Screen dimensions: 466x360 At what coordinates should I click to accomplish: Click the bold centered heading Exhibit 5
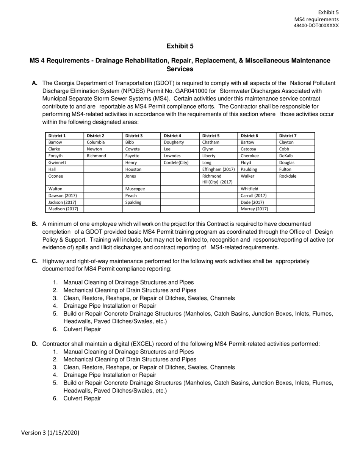pyautogui.click(x=180, y=46)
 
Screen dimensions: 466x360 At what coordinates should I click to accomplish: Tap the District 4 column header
pyautogui.click(x=172, y=136)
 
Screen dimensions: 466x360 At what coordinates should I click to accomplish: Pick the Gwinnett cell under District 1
pyautogui.click(x=57, y=162)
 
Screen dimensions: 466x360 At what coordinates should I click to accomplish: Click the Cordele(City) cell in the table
pyautogui.click(x=176, y=162)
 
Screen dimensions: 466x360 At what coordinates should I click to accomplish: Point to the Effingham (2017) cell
pyautogui.click(x=218, y=169)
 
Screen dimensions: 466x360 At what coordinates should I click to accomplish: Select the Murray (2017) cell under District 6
pyautogui.click(x=254, y=209)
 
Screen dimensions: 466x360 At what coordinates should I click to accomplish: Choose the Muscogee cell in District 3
pyautogui.click(x=135, y=189)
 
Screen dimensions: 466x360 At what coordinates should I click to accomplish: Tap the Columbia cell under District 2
pyautogui.click(x=95, y=142)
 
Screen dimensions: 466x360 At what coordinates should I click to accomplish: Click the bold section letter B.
pyautogui.click(x=35, y=224)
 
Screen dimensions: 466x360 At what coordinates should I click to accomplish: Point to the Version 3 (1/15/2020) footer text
pyautogui.click(x=50, y=433)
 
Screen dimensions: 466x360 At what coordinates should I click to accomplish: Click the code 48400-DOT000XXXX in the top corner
pyautogui.click(x=316, y=26)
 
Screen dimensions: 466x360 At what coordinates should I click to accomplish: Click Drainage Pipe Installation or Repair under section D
pyautogui.click(x=110, y=375)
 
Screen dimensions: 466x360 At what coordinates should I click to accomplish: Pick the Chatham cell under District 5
pyautogui.click(x=211, y=142)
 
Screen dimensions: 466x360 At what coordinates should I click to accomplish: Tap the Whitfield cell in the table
pyautogui.click(x=251, y=189)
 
